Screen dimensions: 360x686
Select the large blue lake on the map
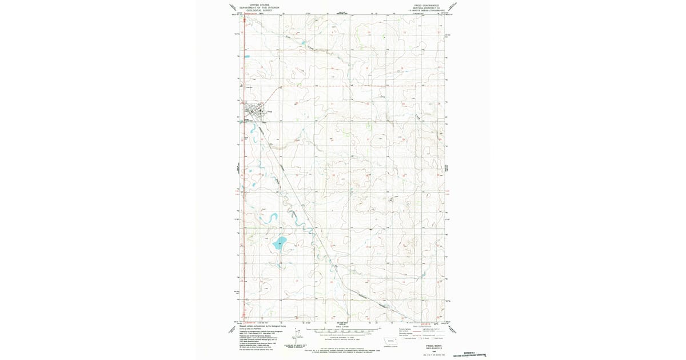(279, 243)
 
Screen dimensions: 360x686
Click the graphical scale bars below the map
(342, 331)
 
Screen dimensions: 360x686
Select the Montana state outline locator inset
(391, 342)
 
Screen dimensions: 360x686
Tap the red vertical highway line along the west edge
(244, 171)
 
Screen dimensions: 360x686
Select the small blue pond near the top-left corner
(247, 55)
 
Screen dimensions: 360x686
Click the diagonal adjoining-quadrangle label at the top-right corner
(453, 7)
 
